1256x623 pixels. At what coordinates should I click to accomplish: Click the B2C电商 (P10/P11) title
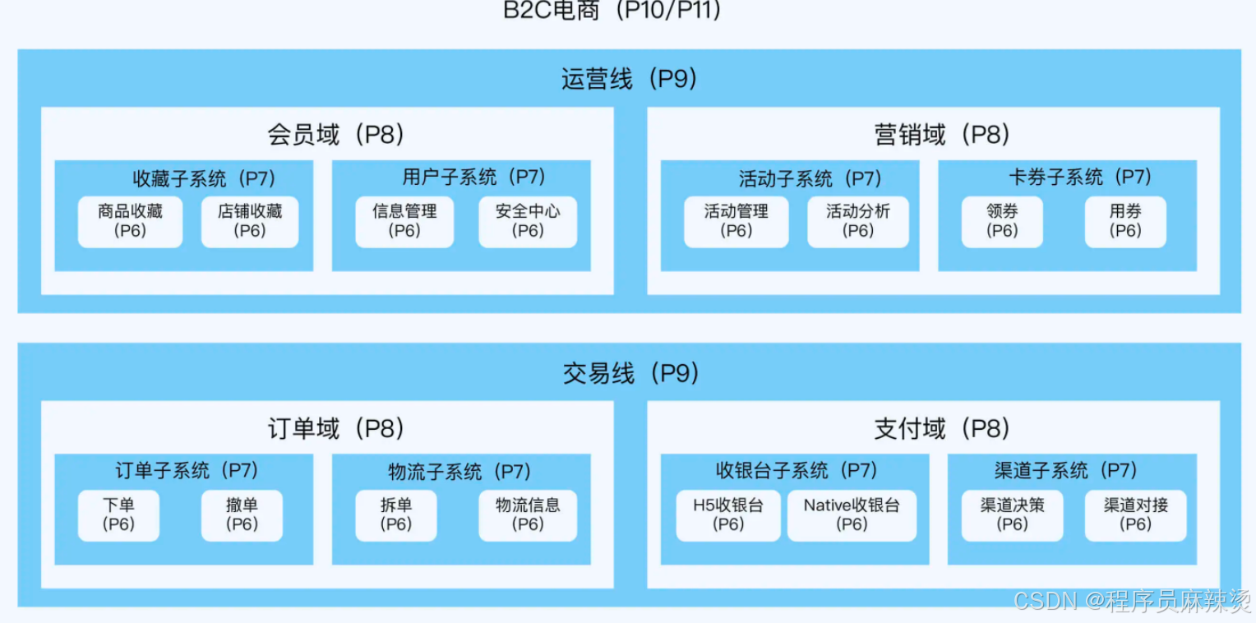[612, 11]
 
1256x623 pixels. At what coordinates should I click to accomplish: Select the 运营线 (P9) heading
[630, 79]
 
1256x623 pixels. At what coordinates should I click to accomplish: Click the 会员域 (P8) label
[335, 135]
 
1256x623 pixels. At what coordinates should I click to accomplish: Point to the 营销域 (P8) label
[942, 135]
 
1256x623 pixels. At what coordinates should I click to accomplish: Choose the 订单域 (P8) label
[335, 428]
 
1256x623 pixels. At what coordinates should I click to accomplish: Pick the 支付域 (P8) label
[942, 428]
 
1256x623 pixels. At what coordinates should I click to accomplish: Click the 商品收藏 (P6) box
[130, 221]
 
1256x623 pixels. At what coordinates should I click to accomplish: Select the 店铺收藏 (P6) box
[250, 221]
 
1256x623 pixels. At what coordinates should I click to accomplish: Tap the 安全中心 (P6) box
[528, 221]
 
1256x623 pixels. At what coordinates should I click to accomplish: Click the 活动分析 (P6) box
[858, 221]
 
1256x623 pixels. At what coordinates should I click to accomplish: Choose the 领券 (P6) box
[1002, 221]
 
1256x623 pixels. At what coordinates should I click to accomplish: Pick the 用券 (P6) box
[1125, 221]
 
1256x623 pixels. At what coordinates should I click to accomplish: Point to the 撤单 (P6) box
[242, 515]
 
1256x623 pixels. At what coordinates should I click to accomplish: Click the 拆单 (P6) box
[396, 515]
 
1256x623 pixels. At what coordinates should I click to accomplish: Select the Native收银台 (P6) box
[852, 515]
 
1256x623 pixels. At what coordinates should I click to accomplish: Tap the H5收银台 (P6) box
[728, 515]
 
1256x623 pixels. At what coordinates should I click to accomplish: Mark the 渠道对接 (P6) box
[1135, 515]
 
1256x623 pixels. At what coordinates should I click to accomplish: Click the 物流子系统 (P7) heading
[459, 472]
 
